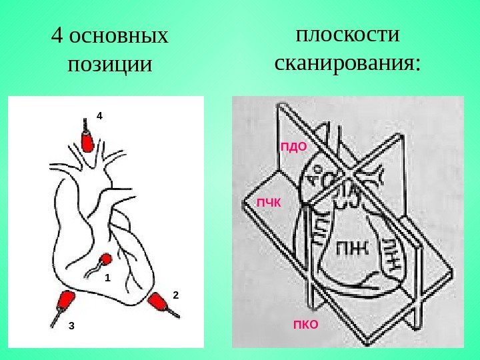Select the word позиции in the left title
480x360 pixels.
pyautogui.click(x=110, y=65)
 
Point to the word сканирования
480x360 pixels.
pyautogui.click(x=347, y=63)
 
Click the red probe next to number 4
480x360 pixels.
pyautogui.click(x=87, y=140)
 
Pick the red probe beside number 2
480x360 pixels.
pyautogui.click(x=160, y=303)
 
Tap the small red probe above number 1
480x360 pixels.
pyautogui.click(x=105, y=259)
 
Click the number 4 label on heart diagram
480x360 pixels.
pyautogui.click(x=100, y=115)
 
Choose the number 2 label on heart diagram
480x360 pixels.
pyautogui.click(x=176, y=293)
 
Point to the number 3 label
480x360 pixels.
pyautogui.click(x=71, y=326)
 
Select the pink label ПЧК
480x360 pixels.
pyautogui.click(x=269, y=201)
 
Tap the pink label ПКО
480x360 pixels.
pyautogui.click(x=306, y=325)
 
